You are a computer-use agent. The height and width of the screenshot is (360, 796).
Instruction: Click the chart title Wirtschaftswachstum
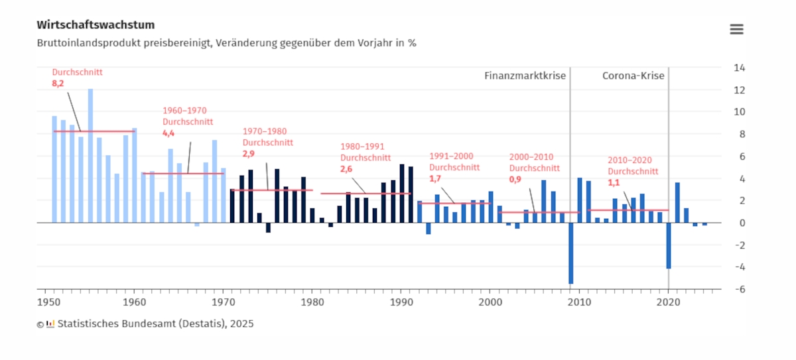click(96, 25)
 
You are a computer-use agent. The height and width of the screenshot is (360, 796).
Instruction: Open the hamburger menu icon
click(736, 29)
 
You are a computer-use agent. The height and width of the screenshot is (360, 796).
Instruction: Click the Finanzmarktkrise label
click(525, 76)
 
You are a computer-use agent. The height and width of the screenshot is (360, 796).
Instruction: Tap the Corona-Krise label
click(633, 76)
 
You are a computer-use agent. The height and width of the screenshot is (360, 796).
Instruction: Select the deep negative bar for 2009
click(570, 253)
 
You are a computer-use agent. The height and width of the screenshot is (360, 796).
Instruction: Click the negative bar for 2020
click(669, 245)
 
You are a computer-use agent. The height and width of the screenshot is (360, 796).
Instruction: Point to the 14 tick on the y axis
click(739, 68)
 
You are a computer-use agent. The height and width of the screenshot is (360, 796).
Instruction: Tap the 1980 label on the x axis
click(312, 302)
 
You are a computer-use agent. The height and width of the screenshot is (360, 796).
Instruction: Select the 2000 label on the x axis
click(490, 302)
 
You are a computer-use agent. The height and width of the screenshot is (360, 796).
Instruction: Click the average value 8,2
click(58, 84)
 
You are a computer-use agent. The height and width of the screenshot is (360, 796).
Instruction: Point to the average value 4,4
click(169, 133)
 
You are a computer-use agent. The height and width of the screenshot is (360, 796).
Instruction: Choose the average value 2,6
click(347, 169)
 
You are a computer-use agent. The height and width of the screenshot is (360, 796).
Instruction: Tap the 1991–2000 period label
click(451, 156)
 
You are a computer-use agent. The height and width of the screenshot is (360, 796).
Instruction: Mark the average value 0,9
click(515, 179)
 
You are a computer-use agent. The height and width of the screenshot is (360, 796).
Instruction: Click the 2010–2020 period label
click(630, 160)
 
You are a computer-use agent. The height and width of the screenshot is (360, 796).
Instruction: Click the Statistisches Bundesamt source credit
click(155, 324)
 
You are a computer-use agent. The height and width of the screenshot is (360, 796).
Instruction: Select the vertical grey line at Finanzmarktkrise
click(570, 133)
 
